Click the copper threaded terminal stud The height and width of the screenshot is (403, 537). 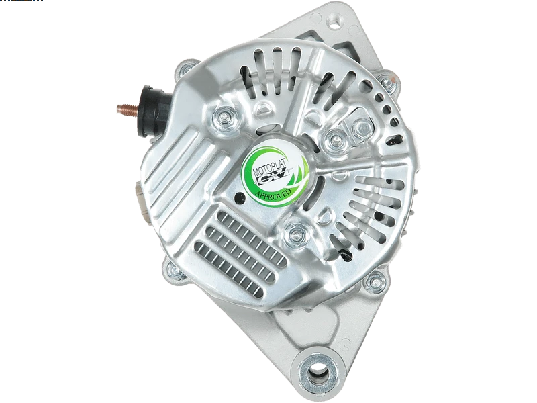click(128, 110)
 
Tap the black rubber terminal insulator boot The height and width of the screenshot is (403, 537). click(155, 110)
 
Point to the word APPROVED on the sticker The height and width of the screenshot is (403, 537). click(273, 195)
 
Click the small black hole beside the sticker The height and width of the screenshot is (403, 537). click(240, 197)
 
